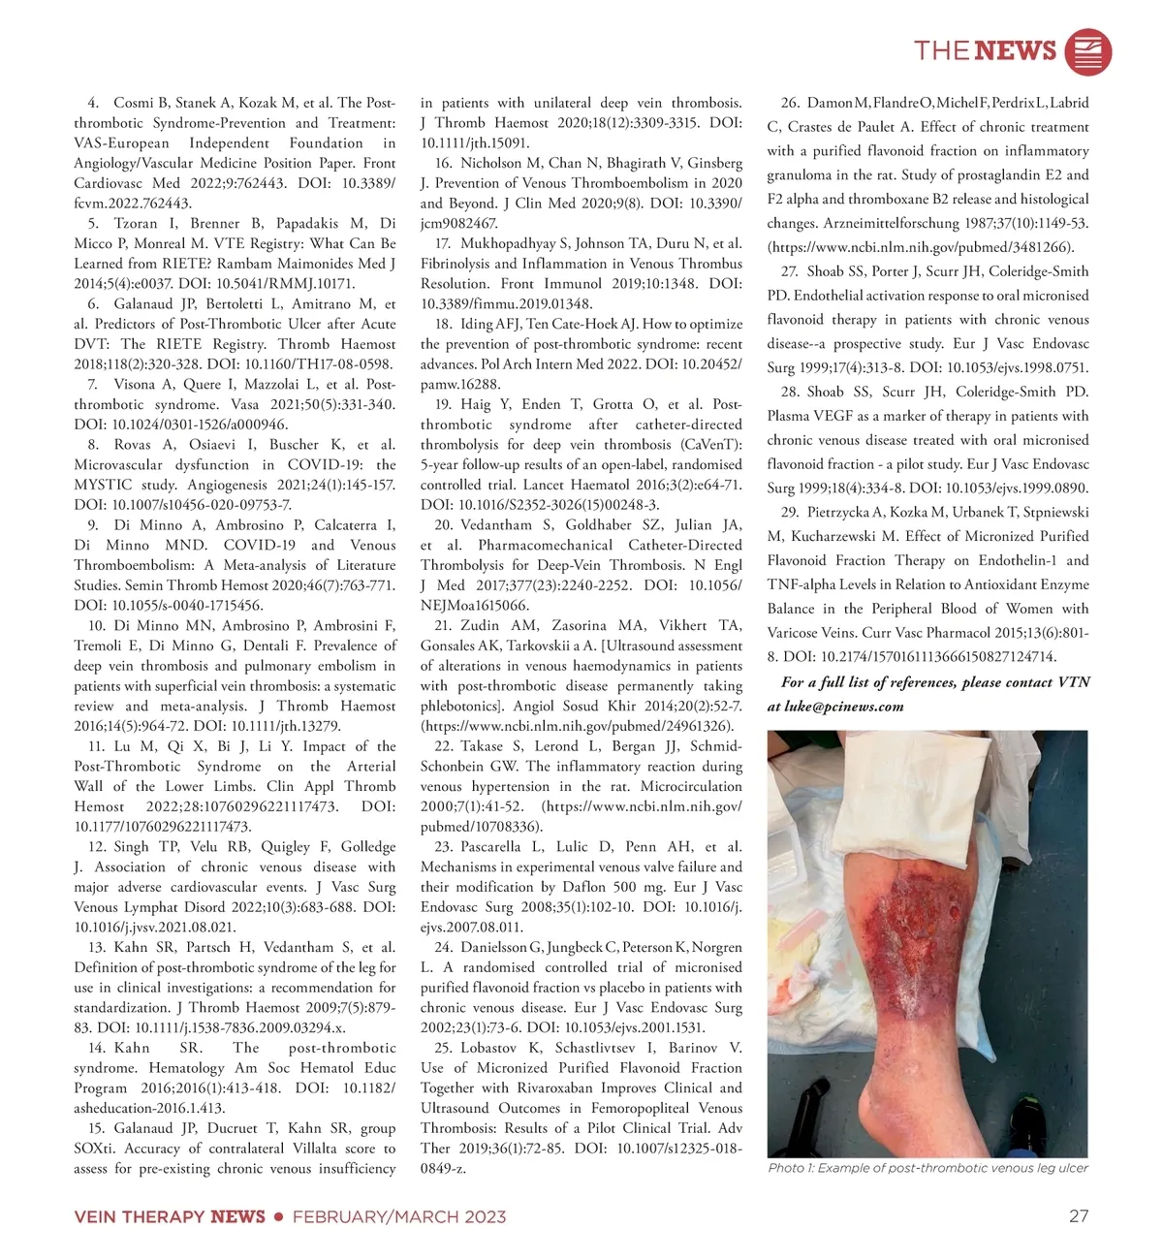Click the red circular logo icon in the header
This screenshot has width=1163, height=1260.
1087,51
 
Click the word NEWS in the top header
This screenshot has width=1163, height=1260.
1016,50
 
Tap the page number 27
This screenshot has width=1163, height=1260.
1079,1216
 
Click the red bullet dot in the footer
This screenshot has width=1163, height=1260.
279,1216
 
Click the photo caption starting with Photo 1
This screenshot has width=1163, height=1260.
927,1168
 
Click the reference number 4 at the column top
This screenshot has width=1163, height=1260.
93,103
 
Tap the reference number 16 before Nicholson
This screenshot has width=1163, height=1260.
444,163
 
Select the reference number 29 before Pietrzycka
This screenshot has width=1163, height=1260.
790,512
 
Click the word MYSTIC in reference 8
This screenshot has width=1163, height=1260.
104,485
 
